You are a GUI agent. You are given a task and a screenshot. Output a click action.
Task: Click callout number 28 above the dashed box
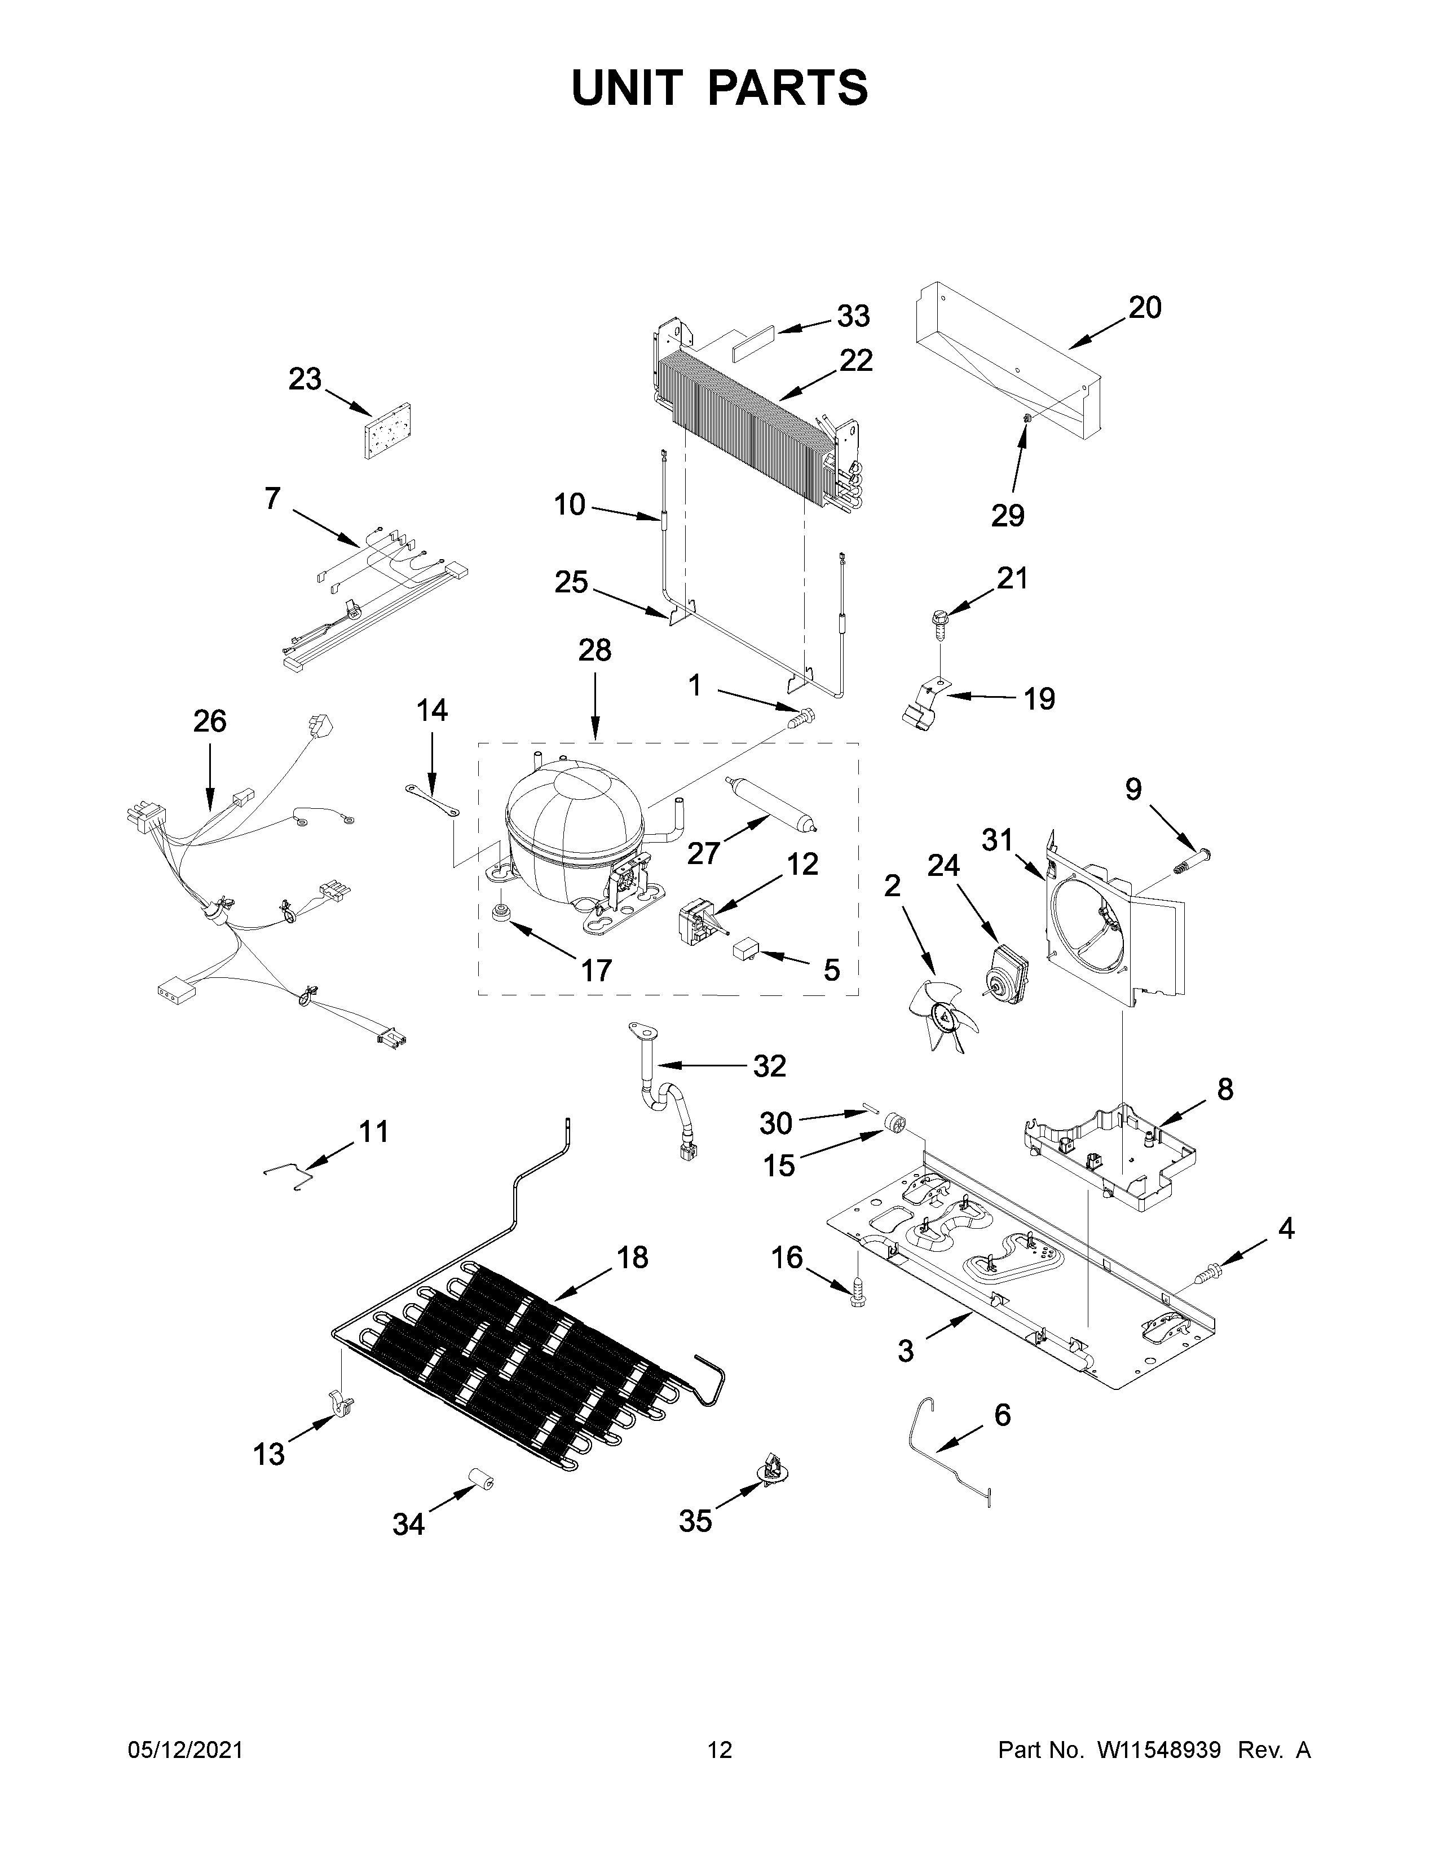(x=594, y=650)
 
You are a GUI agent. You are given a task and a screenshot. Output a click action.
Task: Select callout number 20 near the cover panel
(x=1144, y=307)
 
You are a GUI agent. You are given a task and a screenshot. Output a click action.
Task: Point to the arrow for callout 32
(x=699, y=1065)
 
